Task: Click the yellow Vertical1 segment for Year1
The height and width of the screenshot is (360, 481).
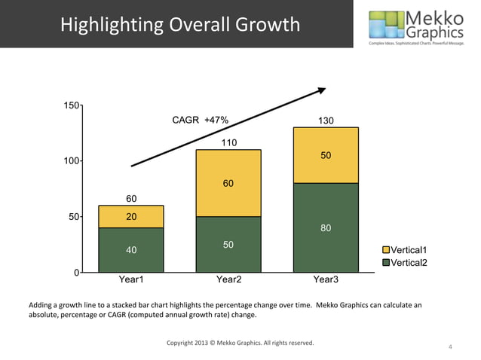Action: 131,217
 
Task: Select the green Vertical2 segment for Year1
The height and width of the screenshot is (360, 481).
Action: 131,249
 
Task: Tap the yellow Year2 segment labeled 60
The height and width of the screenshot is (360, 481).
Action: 228,183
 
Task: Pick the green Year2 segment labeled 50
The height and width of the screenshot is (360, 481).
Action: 228,244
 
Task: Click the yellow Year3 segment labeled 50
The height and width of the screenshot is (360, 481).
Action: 326,155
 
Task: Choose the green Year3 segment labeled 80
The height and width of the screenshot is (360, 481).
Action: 326,227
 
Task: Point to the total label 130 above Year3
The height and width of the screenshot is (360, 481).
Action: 326,121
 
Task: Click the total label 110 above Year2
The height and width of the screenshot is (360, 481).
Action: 228,142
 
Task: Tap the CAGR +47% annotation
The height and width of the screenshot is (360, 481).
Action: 201,120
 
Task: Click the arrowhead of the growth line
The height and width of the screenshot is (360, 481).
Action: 321,90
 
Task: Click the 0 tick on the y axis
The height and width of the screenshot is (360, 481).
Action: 76,272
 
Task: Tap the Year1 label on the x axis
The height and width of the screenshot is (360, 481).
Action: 131,280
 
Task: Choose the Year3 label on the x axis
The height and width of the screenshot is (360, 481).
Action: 326,280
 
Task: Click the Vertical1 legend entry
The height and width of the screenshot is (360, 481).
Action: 407,250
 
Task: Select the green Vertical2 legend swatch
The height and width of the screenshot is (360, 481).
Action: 386,262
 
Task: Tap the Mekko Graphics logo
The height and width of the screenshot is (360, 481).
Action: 415,26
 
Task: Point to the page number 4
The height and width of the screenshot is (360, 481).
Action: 450,347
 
